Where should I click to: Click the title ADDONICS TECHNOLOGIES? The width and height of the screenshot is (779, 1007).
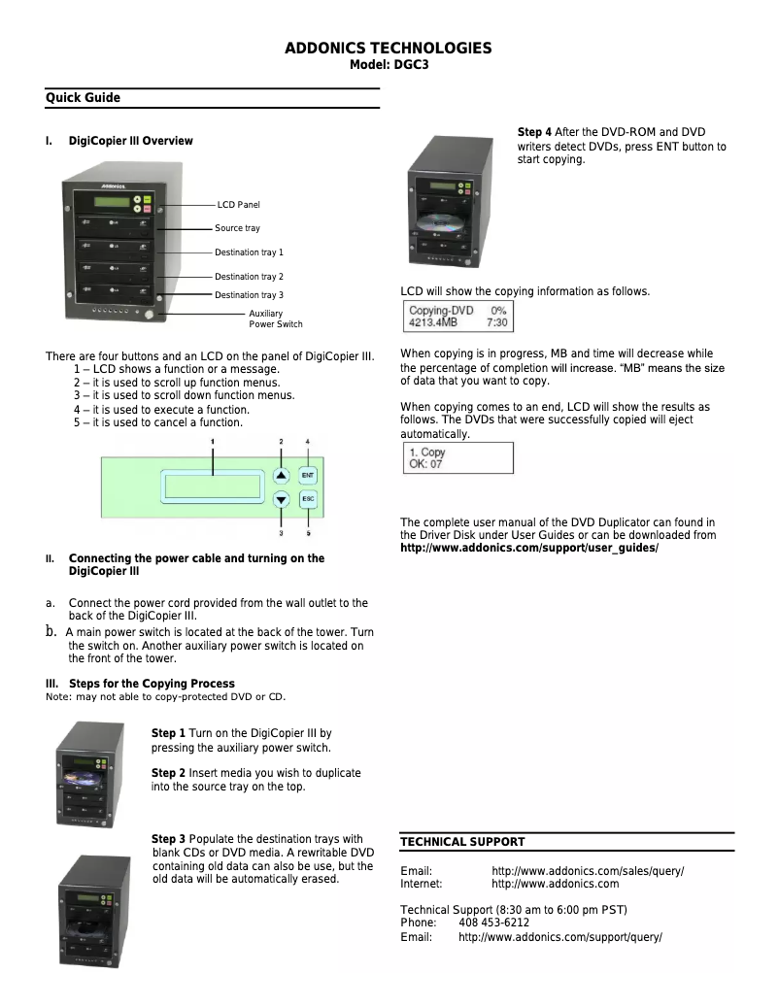tap(388, 49)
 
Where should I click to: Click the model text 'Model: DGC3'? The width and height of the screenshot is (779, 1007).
tap(389, 66)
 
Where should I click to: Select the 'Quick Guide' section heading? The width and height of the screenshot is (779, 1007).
tap(84, 98)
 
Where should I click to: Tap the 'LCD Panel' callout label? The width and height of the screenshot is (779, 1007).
tap(238, 205)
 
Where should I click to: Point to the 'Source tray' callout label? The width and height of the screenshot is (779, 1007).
tap(237, 228)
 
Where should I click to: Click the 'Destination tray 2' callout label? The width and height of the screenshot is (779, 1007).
tap(249, 277)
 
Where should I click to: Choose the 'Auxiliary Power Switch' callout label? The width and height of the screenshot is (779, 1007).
tap(276, 319)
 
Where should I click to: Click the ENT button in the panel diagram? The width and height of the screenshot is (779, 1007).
tap(308, 476)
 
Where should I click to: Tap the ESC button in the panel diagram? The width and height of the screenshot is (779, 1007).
tap(308, 500)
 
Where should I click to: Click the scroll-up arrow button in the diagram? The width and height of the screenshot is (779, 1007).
tap(281, 476)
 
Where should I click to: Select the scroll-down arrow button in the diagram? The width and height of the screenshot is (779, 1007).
tap(281, 500)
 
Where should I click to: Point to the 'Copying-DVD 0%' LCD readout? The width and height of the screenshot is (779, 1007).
tap(457, 311)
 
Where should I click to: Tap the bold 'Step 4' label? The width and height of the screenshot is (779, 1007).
tap(534, 132)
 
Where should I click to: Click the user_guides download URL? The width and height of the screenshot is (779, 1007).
tap(529, 549)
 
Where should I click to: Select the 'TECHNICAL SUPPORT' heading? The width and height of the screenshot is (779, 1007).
tap(462, 842)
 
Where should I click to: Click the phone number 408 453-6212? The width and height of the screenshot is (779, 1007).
tap(493, 923)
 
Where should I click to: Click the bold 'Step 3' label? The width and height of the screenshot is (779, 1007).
tap(169, 839)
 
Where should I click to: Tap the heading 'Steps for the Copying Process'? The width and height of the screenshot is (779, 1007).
tap(152, 684)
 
